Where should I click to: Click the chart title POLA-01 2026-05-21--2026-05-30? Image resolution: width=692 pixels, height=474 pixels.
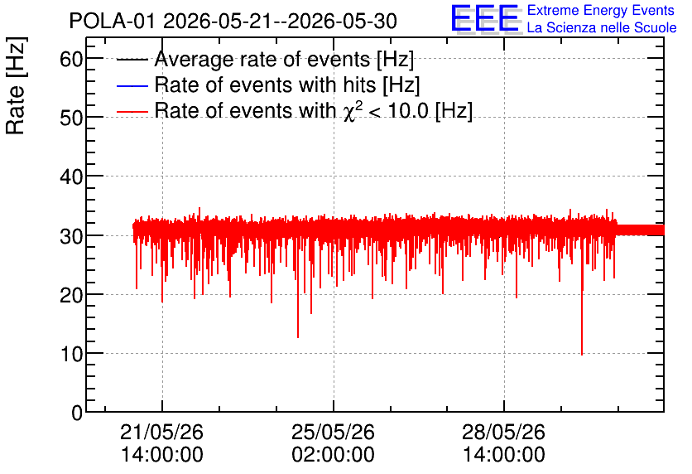click(233, 21)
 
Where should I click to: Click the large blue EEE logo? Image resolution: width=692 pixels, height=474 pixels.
click(485, 18)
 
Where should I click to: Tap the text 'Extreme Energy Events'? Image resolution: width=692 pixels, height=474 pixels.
click(601, 10)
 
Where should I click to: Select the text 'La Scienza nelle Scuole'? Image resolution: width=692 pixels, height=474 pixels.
click(602, 27)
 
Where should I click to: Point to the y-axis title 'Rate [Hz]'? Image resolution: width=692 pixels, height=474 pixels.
click(16, 85)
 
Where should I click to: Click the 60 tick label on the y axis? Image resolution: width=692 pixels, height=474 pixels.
click(71, 59)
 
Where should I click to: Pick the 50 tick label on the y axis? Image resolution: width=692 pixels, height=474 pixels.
click(71, 118)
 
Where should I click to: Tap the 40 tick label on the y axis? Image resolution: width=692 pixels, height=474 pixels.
click(71, 177)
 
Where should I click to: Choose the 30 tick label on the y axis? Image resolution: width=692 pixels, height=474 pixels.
click(71, 236)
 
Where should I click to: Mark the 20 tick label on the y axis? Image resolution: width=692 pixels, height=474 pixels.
click(71, 295)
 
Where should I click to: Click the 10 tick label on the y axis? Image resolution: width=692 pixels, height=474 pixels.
click(71, 354)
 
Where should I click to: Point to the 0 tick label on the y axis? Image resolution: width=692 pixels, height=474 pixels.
click(77, 413)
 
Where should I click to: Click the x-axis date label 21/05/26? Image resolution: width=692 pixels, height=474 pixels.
click(162, 432)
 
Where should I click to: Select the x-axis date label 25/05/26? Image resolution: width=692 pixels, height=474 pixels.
click(334, 432)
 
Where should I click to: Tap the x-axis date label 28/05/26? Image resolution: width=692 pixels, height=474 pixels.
click(503, 432)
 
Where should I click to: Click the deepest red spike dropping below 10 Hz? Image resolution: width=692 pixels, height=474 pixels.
click(582, 354)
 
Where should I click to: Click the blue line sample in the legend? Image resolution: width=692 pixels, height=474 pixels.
click(132, 85)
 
